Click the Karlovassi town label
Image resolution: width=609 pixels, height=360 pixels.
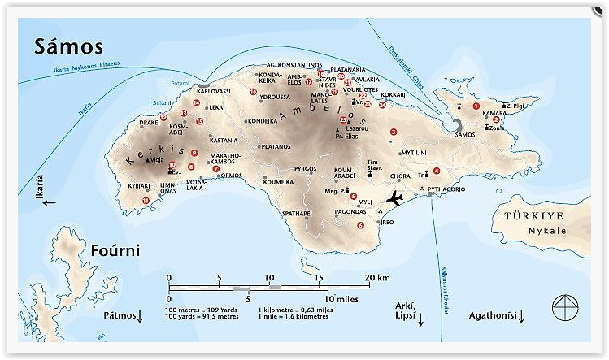point(214,92)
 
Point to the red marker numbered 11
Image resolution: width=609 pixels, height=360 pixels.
point(146,200)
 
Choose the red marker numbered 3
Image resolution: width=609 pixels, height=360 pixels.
point(394,132)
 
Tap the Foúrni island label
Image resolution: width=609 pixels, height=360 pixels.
point(115,250)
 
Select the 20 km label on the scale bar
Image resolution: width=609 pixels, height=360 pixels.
point(379,278)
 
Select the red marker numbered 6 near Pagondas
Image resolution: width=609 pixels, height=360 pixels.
point(360,225)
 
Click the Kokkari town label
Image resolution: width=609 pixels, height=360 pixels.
point(393,95)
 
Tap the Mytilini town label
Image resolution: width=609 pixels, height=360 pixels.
point(413,152)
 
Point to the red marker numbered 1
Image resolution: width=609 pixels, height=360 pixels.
point(476,106)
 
